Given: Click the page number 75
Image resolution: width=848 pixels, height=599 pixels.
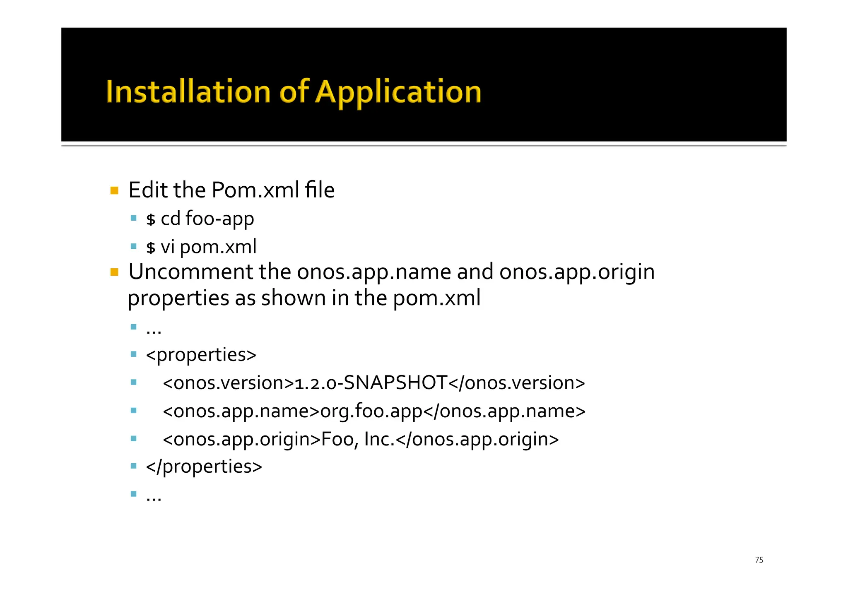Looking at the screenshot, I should point(759,560).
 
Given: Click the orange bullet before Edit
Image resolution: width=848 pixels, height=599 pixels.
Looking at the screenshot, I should point(115,191).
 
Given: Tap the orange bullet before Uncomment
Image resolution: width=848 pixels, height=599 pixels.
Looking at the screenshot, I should point(115,272).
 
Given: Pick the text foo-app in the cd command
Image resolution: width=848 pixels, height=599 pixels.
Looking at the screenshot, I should point(219,219).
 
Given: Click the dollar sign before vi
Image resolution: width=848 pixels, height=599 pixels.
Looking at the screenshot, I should point(151,248).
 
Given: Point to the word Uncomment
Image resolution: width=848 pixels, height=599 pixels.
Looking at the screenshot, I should point(190,272).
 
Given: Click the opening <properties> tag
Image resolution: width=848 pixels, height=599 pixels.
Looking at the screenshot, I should point(201,355).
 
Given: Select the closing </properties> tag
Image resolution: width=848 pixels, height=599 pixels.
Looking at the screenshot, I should point(204,467).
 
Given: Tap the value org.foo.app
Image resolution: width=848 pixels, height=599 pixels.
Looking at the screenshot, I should point(371,411).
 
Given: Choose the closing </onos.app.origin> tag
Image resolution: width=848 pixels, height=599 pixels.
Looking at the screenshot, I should point(477,439).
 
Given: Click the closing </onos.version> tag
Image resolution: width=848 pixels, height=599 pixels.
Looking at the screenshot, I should point(517,383).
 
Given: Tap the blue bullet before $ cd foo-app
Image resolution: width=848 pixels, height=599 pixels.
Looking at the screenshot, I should point(133,218).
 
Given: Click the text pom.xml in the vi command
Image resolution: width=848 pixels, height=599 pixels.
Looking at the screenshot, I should point(218,247).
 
